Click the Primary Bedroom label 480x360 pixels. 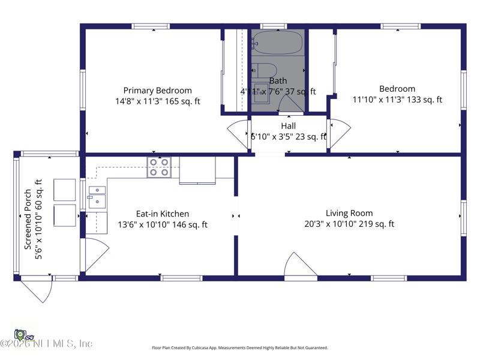(x=158, y=91)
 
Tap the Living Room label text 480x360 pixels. (x=349, y=213)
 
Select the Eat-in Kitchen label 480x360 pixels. (x=162, y=214)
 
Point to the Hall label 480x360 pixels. (x=288, y=126)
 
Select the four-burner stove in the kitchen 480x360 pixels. (x=159, y=167)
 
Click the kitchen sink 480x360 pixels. (x=97, y=197)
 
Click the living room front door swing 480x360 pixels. (x=301, y=266)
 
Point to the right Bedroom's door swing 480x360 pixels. (x=338, y=133)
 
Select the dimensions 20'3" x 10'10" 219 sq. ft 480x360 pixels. (x=349, y=224)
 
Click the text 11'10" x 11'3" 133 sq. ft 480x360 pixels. (x=397, y=100)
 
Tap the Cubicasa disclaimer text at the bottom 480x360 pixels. (x=239, y=348)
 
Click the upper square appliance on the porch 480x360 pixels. (x=65, y=190)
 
